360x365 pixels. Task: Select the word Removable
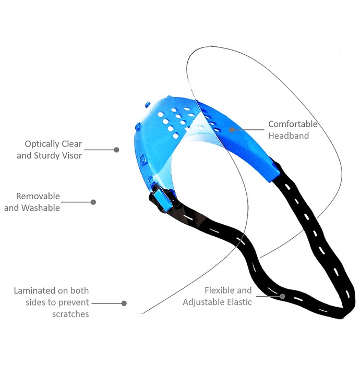pyautogui.click(x=38, y=196)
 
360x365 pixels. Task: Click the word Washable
pyautogui.click(x=41, y=208)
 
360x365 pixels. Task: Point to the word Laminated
pyautogui.click(x=35, y=290)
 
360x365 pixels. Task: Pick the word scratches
pyautogui.click(x=70, y=314)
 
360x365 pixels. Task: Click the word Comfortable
pyautogui.click(x=293, y=124)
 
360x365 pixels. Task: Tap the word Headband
pyautogui.click(x=289, y=136)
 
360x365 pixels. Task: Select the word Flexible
pyautogui.click(x=218, y=290)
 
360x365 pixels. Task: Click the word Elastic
pyautogui.click(x=239, y=302)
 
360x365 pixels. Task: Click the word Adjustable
pyautogui.click(x=204, y=302)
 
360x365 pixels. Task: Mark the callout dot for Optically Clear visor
pyautogui.click(x=117, y=150)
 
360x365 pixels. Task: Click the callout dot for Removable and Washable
pyautogui.click(x=93, y=202)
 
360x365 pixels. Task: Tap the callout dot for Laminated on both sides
pyautogui.click(x=124, y=303)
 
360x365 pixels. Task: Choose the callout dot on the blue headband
pyautogui.click(x=232, y=130)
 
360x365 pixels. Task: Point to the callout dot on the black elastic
pyautogui.click(x=282, y=296)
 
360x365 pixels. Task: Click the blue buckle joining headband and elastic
pyautogui.click(x=160, y=199)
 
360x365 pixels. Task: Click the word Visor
pyautogui.click(x=75, y=156)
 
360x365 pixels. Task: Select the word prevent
pyautogui.click(x=73, y=302)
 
